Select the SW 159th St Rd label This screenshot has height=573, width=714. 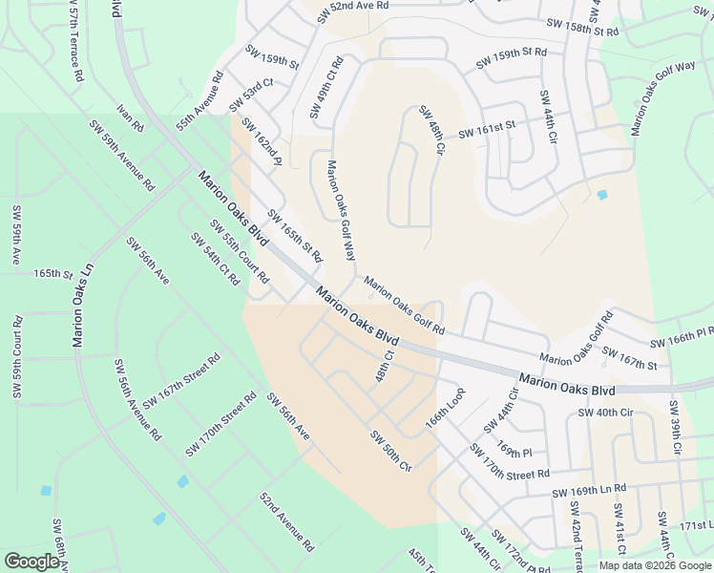[x=512, y=58]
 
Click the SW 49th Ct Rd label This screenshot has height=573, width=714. [x=325, y=88]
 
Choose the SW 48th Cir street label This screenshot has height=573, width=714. [x=431, y=133]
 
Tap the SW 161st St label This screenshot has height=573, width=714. [x=487, y=130]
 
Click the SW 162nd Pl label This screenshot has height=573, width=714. [x=261, y=142]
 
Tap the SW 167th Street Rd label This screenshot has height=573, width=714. [x=181, y=379]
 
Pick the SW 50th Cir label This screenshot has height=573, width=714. [x=390, y=451]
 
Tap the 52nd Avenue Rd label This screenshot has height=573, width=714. [x=287, y=522]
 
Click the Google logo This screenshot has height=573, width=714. [x=31, y=561]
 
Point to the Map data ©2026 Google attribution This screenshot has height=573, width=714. [x=654, y=565]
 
